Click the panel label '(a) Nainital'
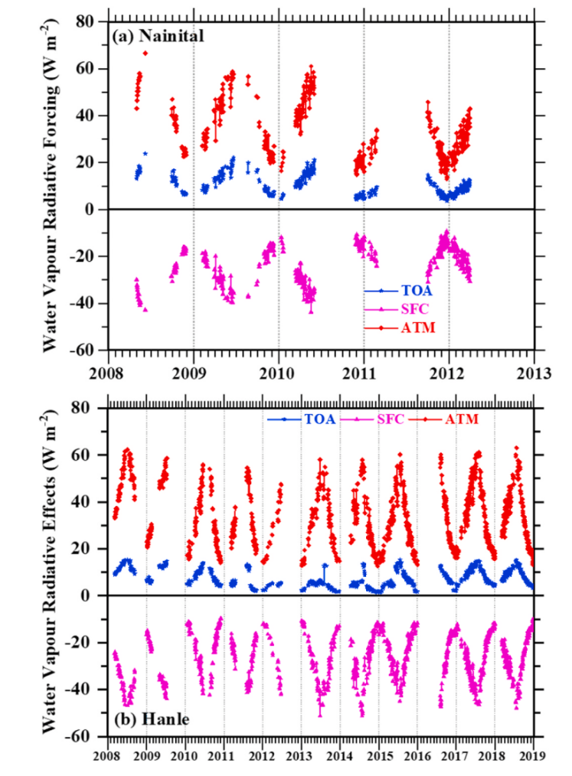point(158,35)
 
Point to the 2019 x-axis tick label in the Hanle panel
point(533,752)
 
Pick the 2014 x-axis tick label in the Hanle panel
point(340,752)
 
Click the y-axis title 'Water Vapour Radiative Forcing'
point(51,186)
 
